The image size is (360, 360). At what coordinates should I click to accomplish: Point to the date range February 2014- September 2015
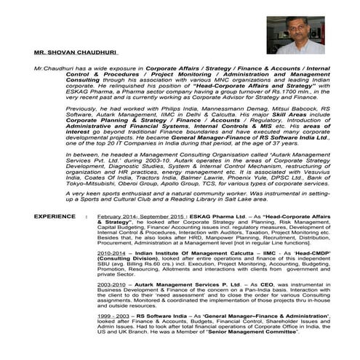144,217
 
